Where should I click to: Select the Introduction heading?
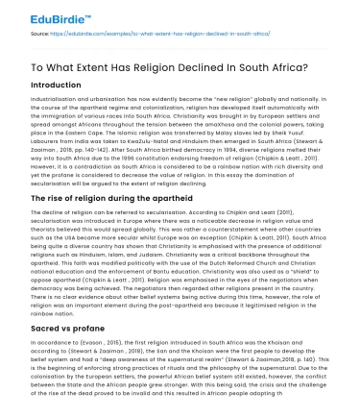[x=36, y=84]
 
